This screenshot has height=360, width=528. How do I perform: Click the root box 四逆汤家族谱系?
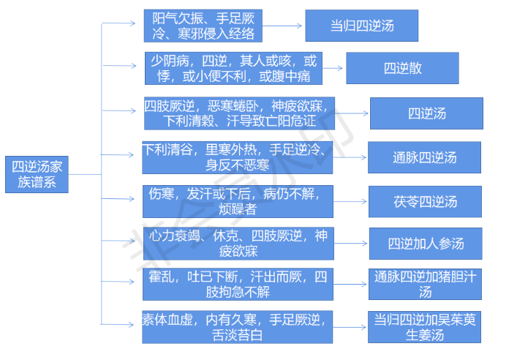click(x=36, y=174)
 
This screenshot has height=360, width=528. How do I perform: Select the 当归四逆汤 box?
click(x=361, y=26)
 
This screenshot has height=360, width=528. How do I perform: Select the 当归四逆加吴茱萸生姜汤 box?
click(x=424, y=327)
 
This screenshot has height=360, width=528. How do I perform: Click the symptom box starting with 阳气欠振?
click(x=203, y=26)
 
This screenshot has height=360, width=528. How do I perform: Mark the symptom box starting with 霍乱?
click(x=238, y=284)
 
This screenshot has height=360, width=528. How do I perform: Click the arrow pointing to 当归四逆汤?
click(x=284, y=26)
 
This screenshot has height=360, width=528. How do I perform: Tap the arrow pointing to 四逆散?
click(x=333, y=69)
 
